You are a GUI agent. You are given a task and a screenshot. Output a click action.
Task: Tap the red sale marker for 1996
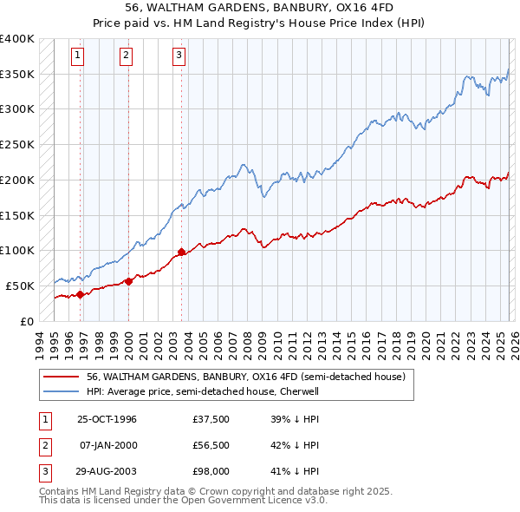coord(80,294)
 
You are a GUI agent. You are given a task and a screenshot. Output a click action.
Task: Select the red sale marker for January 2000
coord(128,280)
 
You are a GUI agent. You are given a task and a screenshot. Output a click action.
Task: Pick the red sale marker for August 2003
coord(181,252)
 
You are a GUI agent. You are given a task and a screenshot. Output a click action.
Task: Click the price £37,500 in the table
coord(211,419)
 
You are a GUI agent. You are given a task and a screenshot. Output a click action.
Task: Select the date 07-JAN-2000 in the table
coord(107,445)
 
